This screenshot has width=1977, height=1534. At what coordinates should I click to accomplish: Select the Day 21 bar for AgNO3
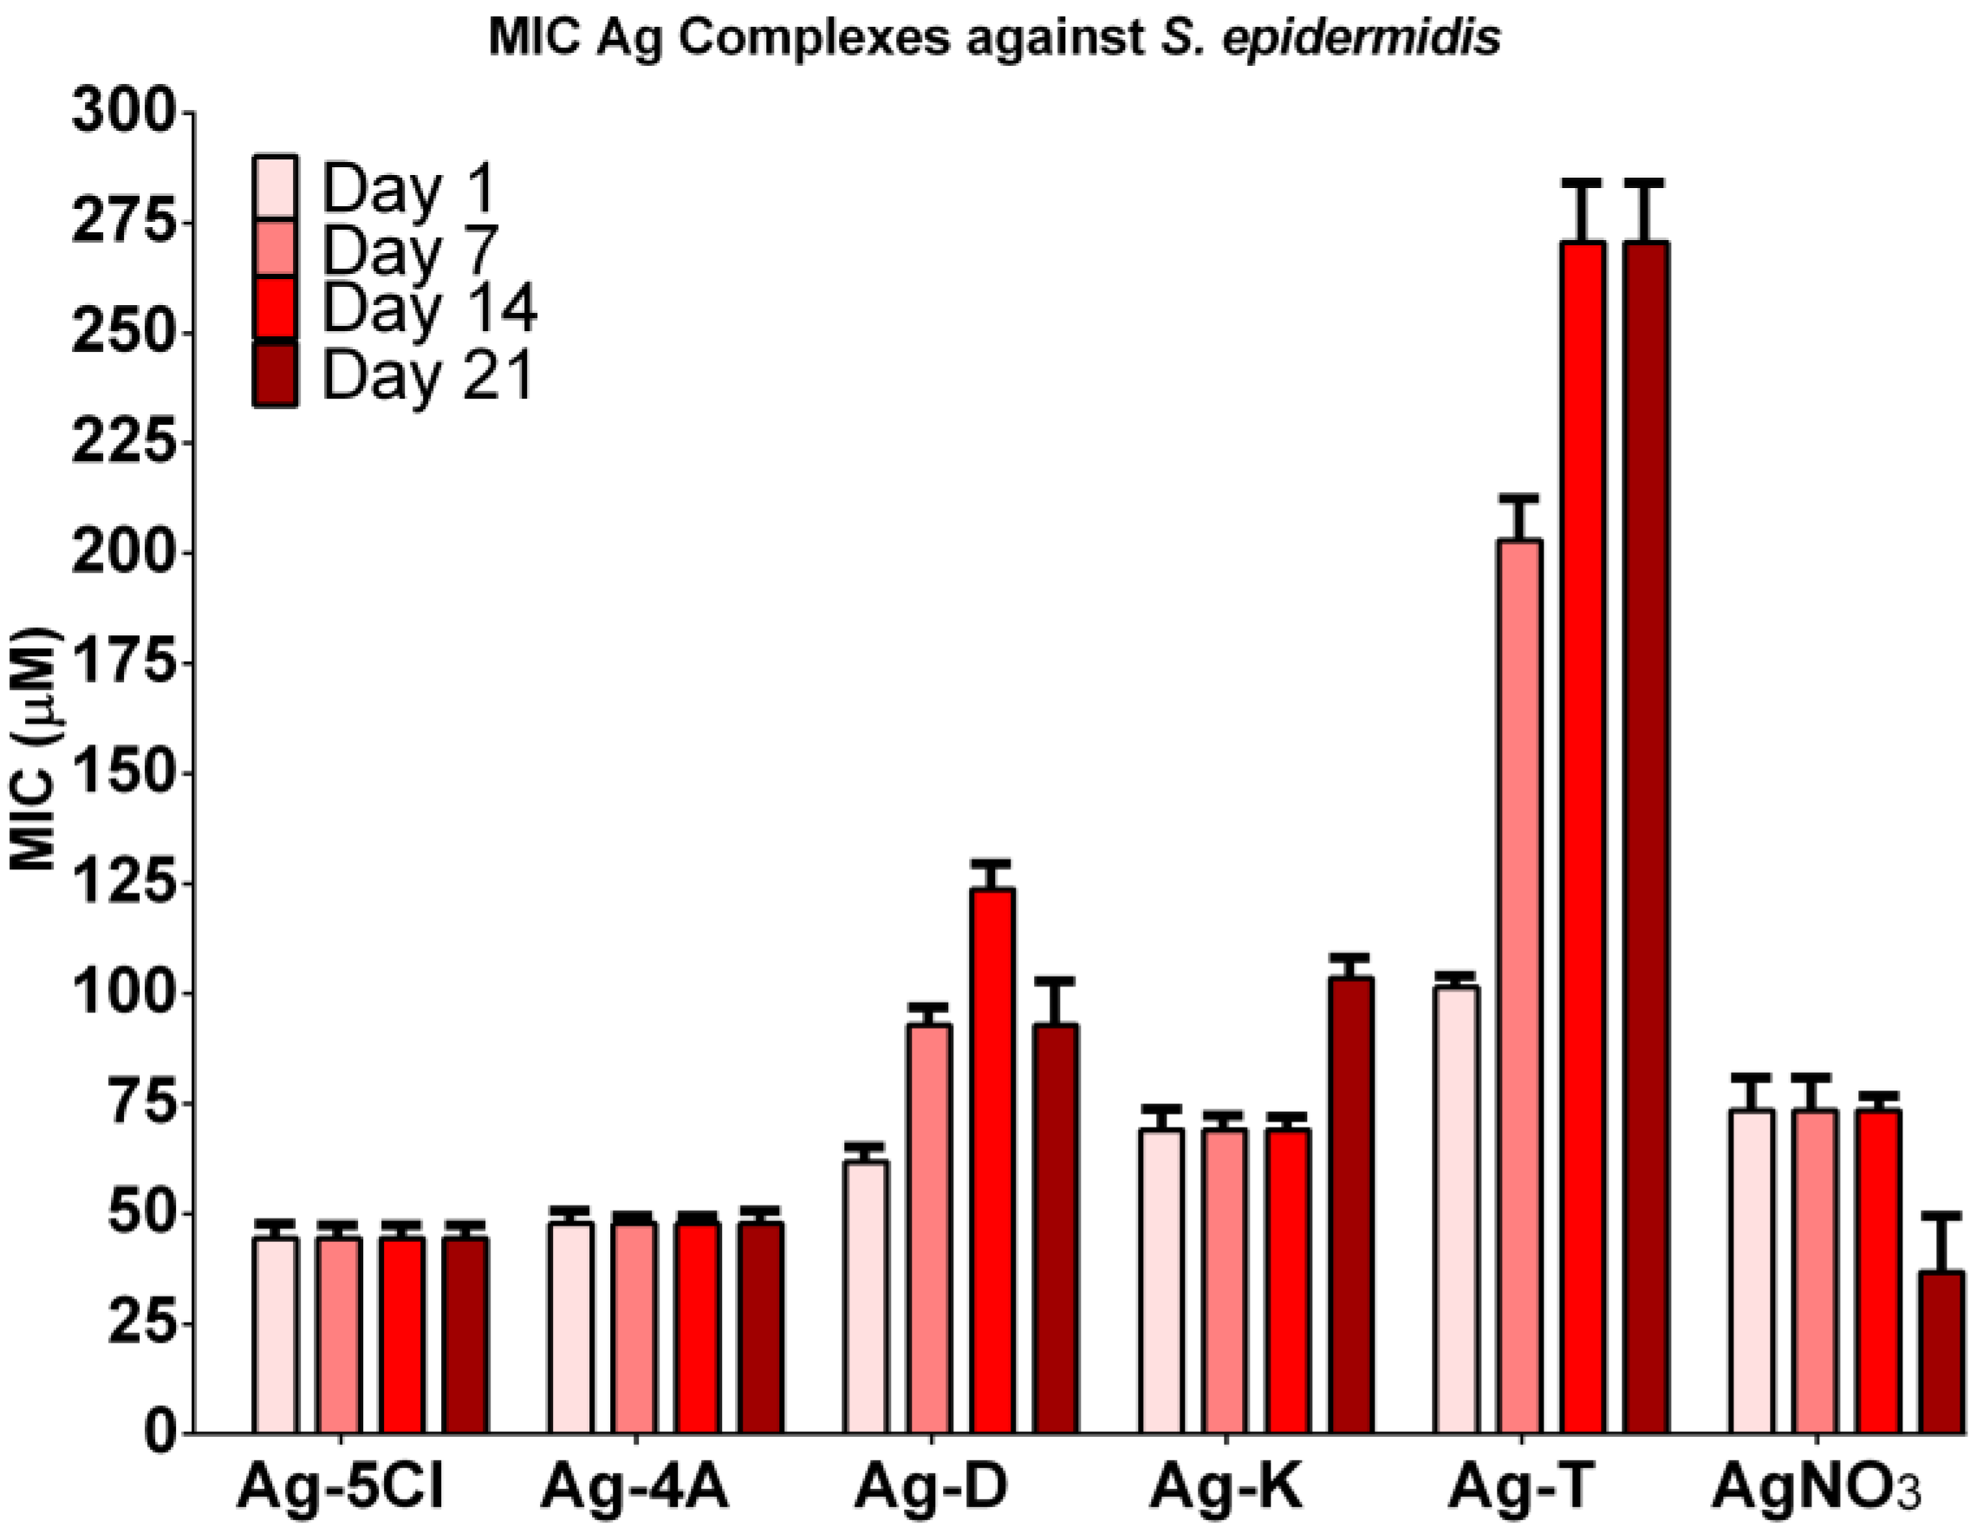coord(1941,1352)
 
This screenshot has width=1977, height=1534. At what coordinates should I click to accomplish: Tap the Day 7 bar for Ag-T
coord(1520,986)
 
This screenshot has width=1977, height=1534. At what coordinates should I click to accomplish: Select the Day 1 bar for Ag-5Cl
coord(276,1336)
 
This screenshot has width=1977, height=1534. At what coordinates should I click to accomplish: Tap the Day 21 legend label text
coord(427,374)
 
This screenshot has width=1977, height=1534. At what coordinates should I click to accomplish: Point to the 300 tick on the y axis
coord(185,114)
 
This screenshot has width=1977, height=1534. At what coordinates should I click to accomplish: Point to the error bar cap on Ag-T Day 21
coord(1645,184)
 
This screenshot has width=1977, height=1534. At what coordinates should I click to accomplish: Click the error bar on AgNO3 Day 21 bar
coord(1941,1244)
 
